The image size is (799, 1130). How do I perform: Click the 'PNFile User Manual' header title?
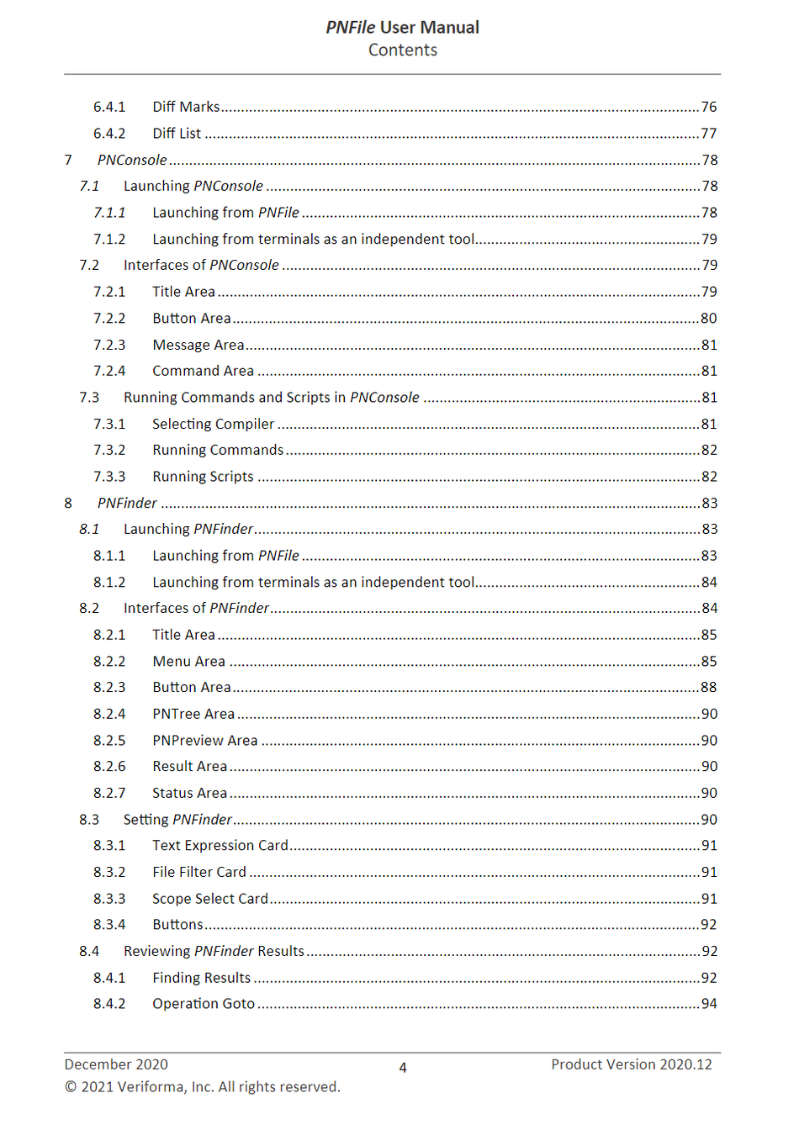pos(402,27)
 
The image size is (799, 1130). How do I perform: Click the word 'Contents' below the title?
pos(402,50)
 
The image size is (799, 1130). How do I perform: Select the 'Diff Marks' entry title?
pos(186,107)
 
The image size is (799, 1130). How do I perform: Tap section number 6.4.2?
pos(109,134)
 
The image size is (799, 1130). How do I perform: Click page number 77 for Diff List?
pos(709,134)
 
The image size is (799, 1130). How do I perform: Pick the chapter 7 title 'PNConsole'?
pos(132,160)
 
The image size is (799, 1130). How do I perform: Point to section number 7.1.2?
pos(109,240)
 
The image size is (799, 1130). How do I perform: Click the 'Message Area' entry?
pos(198,345)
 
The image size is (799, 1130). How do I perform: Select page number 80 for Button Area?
pos(709,319)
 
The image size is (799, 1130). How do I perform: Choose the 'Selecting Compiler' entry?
pos(214,425)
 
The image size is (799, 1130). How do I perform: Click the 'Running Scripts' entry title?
pos(203,477)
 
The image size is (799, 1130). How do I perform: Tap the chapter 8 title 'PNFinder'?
pos(127,503)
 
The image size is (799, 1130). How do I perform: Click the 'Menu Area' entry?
pos(188,662)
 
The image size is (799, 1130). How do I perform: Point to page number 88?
pos(709,688)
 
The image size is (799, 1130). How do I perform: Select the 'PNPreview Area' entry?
pos(205,741)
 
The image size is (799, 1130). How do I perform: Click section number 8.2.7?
pos(109,794)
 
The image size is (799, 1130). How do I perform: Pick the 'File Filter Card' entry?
pos(199,873)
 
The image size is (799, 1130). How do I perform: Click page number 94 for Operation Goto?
pos(709,1004)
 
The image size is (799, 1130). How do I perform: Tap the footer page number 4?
pos(403,1068)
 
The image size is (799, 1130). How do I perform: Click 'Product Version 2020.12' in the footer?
pos(632,1064)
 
